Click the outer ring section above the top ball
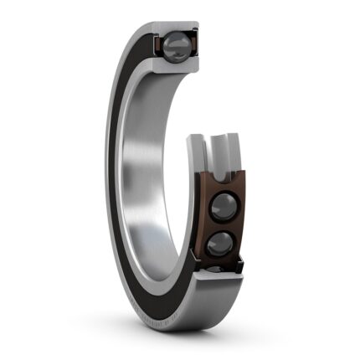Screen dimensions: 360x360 [175, 27]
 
